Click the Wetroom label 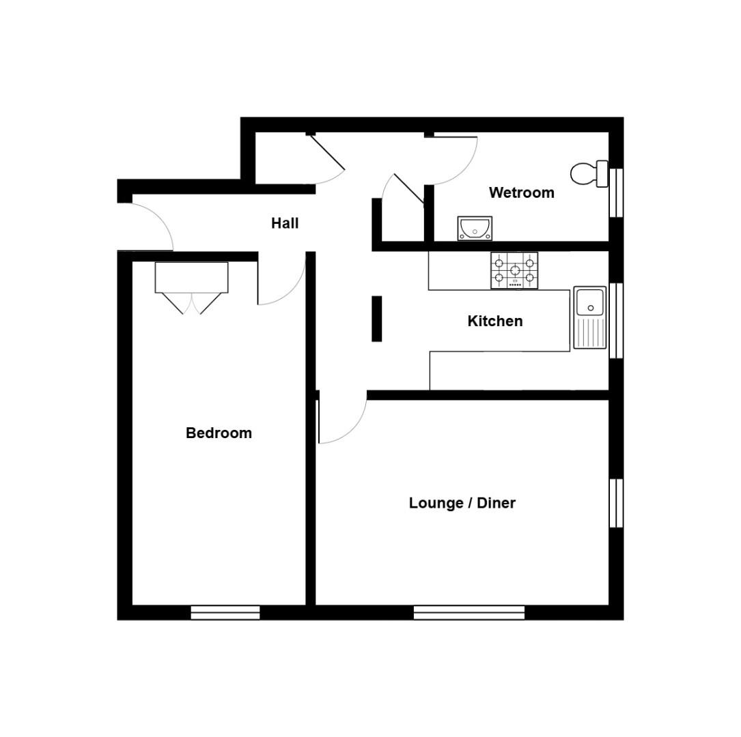521,193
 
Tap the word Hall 285,223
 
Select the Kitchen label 495,321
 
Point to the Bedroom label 219,433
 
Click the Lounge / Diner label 462,504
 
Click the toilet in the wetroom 588,173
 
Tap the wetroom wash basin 475,228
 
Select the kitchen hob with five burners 514,270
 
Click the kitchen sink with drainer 589,317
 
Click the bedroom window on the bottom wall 225,612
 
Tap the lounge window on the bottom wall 469,612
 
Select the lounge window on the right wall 615,503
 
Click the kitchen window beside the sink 615,320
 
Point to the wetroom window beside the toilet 615,192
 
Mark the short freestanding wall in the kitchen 376,319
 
